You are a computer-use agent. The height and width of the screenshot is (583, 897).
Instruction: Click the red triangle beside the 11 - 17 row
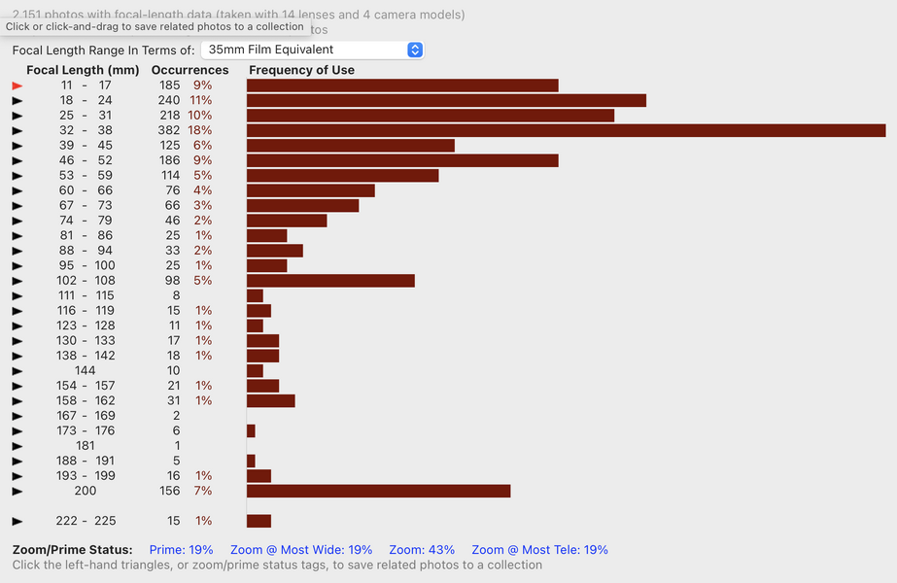pos(17,86)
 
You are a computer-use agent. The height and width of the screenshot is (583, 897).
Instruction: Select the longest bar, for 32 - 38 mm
pos(566,130)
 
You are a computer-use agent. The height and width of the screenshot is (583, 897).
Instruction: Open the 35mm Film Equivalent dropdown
pos(311,50)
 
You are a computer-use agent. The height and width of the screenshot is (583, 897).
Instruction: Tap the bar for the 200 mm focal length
pos(378,491)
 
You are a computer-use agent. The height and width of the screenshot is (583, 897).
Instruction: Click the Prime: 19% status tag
pos(181,550)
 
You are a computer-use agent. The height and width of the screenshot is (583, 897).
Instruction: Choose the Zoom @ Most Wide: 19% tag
pos(301,550)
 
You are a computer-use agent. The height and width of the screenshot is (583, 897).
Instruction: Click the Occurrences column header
pos(190,70)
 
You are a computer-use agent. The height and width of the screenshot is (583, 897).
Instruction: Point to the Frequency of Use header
pos(301,70)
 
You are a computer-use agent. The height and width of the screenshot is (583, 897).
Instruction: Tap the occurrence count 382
pos(169,130)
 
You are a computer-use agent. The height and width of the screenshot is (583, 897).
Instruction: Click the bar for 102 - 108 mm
pos(330,281)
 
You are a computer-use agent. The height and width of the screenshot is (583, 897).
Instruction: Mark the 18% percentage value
pos(200,130)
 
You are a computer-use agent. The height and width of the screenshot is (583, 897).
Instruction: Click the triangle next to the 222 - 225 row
pos(17,521)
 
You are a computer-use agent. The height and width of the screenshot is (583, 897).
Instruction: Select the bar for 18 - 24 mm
pos(446,100)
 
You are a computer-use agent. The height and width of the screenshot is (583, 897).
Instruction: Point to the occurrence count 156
pos(169,491)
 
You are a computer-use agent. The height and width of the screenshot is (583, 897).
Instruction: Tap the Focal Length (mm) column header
pos(83,70)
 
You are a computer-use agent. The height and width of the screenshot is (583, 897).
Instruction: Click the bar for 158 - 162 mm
pos(270,400)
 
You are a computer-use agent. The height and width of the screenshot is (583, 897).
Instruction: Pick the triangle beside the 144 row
pos(17,370)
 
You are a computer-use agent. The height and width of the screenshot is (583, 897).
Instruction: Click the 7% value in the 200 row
pos(203,491)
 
